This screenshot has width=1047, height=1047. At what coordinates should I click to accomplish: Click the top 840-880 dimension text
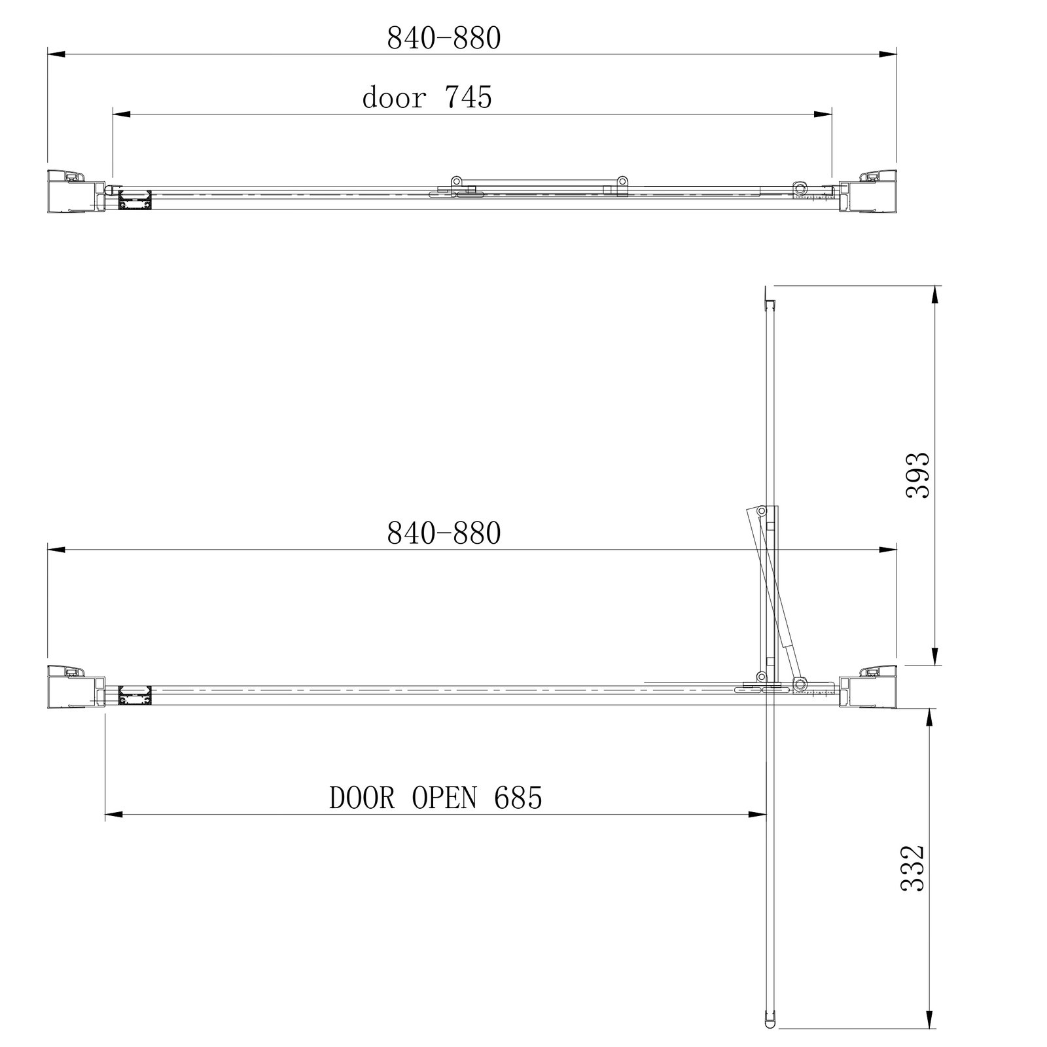pyautogui.click(x=444, y=39)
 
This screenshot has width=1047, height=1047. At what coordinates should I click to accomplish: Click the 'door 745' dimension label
pyautogui.click(x=427, y=98)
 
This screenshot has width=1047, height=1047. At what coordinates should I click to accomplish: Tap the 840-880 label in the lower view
pyautogui.click(x=444, y=533)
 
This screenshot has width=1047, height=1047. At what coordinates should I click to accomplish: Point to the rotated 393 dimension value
pyautogui.click(x=917, y=476)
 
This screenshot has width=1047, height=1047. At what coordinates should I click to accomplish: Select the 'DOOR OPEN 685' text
pyautogui.click(x=436, y=798)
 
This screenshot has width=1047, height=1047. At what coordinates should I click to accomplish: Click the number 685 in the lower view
pyautogui.click(x=518, y=798)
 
